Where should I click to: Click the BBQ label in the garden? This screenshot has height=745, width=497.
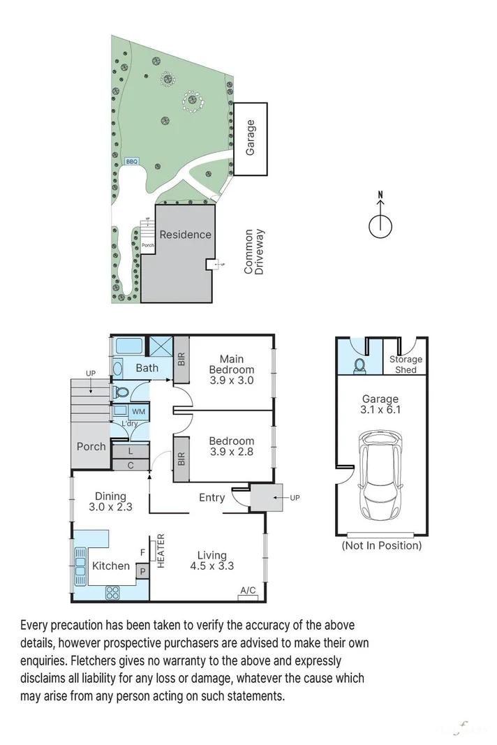(131, 161)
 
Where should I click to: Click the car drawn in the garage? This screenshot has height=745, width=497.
(380, 475)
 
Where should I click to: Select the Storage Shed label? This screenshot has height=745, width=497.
(406, 364)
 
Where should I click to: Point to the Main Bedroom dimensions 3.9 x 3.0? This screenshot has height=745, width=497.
(231, 381)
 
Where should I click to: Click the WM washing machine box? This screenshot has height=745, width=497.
(138, 411)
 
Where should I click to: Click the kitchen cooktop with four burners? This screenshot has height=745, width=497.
(112, 592)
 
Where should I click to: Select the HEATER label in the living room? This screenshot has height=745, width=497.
(161, 551)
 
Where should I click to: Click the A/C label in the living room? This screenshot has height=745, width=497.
(248, 590)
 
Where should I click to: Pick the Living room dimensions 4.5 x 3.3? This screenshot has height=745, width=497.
(212, 566)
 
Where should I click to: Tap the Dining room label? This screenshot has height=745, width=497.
(110, 496)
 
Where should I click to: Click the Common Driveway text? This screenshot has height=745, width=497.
(253, 252)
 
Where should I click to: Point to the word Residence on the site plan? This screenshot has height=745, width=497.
(185, 234)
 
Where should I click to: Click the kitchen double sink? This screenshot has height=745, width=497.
(80, 566)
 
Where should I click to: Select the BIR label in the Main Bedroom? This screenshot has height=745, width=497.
(181, 359)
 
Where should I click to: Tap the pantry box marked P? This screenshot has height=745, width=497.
(142, 572)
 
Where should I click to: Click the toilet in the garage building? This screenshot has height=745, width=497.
(359, 365)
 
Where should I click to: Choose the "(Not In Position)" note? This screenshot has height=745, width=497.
(382, 545)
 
